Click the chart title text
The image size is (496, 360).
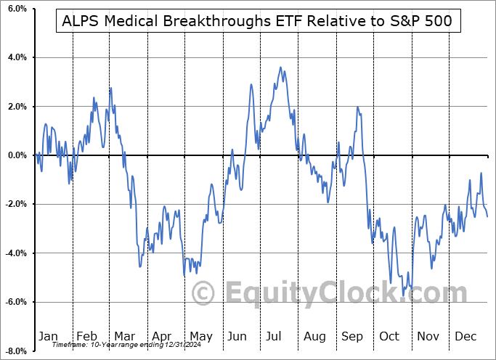(x=254, y=21)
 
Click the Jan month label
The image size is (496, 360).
(x=47, y=336)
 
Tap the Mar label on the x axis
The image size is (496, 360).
(x=123, y=336)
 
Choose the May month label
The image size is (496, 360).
(x=200, y=336)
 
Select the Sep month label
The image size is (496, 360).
(x=353, y=336)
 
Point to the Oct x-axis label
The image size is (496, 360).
(x=389, y=336)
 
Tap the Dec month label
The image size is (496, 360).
(x=465, y=336)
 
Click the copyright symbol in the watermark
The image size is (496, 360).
(x=203, y=294)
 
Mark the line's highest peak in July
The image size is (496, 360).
(x=280, y=67)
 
